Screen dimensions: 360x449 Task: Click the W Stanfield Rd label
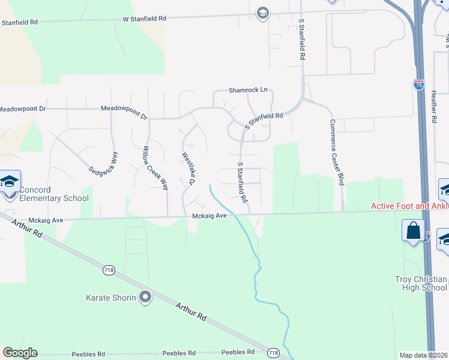[x=145, y=19]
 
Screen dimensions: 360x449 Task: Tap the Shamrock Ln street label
[x=247, y=91]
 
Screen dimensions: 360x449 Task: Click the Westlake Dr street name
[x=187, y=169]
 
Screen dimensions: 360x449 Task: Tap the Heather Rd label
[x=433, y=107]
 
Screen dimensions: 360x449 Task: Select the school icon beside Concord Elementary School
[x=10, y=182]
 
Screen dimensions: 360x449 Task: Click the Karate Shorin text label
[x=111, y=297]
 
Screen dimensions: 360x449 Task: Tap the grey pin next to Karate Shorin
[x=145, y=296]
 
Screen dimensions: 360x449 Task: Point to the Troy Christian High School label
[x=421, y=283]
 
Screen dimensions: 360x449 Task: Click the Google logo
[x=20, y=353]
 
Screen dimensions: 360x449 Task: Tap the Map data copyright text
[x=424, y=355]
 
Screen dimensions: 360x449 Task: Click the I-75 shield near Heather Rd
[x=419, y=84]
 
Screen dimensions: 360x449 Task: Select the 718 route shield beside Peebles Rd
[x=274, y=353]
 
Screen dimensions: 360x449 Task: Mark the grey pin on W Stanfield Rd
[x=262, y=13]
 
